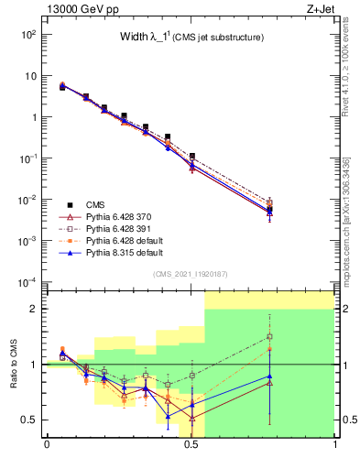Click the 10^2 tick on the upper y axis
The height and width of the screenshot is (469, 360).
[x=28, y=35]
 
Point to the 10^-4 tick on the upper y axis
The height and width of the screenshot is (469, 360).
[x=28, y=281]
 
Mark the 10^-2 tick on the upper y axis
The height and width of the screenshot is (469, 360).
[x=28, y=199]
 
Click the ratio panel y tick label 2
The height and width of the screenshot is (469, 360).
[x=35, y=309]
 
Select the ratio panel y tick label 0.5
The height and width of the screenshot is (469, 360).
[x=30, y=420]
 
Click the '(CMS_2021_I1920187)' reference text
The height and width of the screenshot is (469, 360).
[x=191, y=274]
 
